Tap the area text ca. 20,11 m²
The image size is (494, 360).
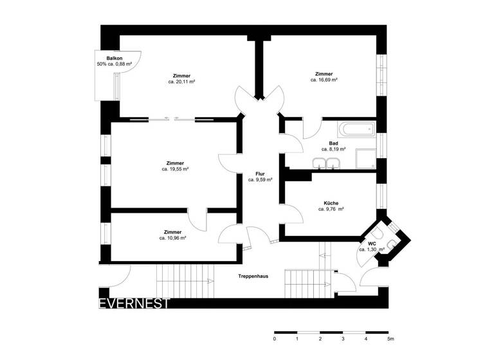click(x=182, y=82)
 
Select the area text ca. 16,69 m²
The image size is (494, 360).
click(x=324, y=80)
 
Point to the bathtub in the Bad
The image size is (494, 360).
click(x=356, y=129)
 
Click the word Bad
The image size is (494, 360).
click(x=333, y=143)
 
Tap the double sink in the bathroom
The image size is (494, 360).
click(x=325, y=163)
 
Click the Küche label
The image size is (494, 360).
click(x=331, y=203)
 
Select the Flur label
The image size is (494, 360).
click(x=260, y=174)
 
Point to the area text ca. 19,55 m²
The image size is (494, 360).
click(x=174, y=170)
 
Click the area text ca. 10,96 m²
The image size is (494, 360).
click(x=173, y=238)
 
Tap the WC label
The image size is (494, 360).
click(x=372, y=244)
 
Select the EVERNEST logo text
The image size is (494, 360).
click(x=134, y=303)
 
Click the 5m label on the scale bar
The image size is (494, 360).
click(x=390, y=338)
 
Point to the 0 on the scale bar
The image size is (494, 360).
click(x=275, y=338)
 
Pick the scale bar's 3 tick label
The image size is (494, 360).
click(x=343, y=338)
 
